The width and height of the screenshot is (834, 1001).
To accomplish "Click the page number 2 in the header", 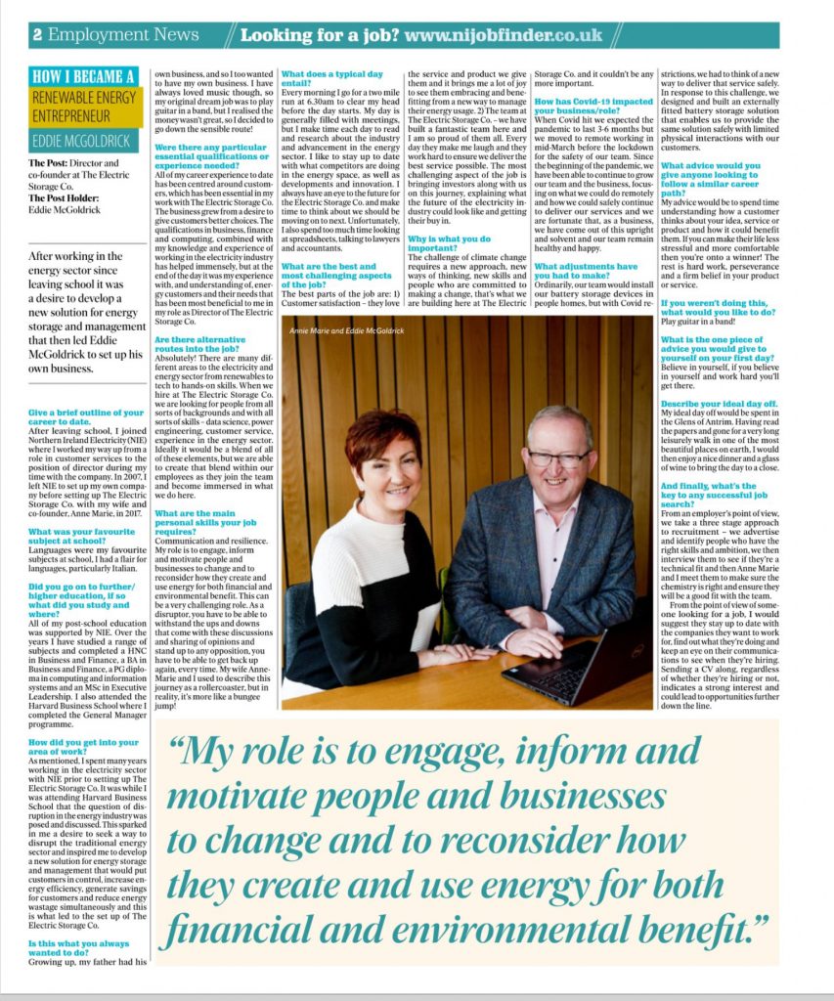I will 37,35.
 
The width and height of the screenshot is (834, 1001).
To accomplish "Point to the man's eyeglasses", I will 557,457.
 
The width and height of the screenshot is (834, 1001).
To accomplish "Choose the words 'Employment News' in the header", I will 123,35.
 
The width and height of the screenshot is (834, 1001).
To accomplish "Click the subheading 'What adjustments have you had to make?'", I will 586,272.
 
